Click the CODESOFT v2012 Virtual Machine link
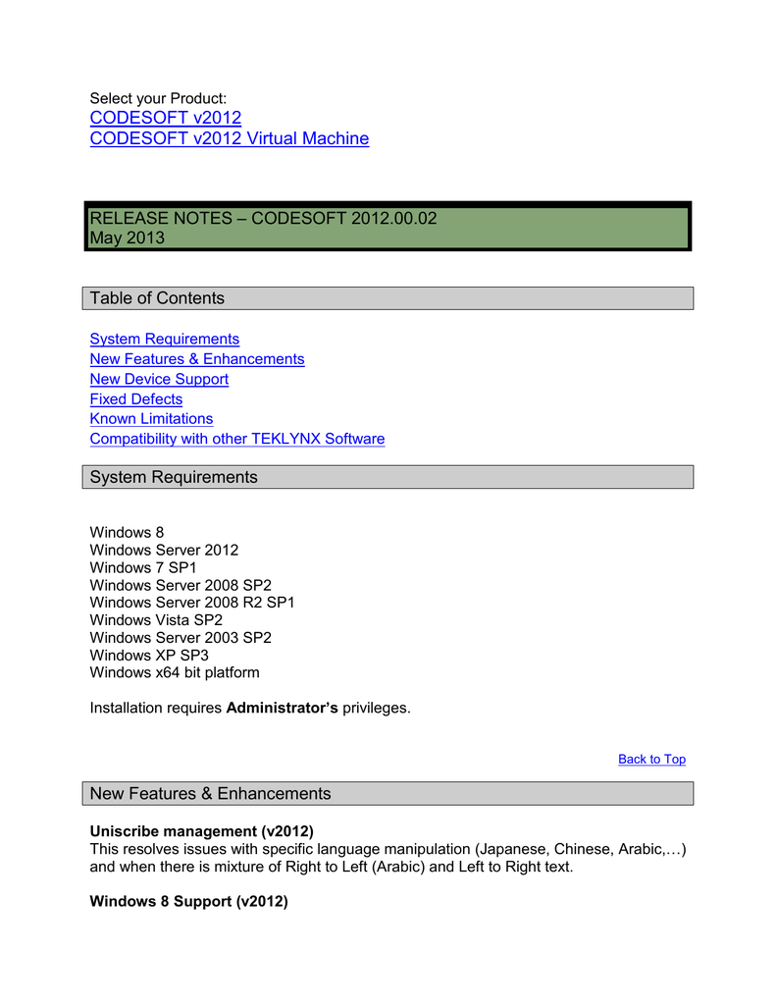pyautogui.click(x=229, y=138)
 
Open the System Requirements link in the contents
pyautogui.click(x=164, y=339)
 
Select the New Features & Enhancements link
pyautogui.click(x=196, y=359)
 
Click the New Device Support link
pyautogui.click(x=159, y=379)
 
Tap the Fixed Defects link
pyautogui.click(x=135, y=399)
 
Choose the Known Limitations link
pyautogui.click(x=151, y=419)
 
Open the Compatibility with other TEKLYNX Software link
pyautogui.click(x=236, y=439)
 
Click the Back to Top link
pyautogui.click(x=651, y=759)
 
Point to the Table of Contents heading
pyautogui.click(x=157, y=298)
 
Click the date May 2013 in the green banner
pyautogui.click(x=128, y=238)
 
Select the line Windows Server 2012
pyautogui.click(x=164, y=550)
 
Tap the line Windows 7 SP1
pyautogui.click(x=143, y=567)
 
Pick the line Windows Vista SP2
pyautogui.click(x=156, y=620)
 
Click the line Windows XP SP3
pyautogui.click(x=149, y=656)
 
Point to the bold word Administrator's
pyautogui.click(x=282, y=708)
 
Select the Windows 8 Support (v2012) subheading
pyautogui.click(x=188, y=901)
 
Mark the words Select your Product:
pyautogui.click(x=158, y=98)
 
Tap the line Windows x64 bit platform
pyautogui.click(x=175, y=673)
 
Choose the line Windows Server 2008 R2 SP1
pyautogui.click(x=191, y=603)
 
